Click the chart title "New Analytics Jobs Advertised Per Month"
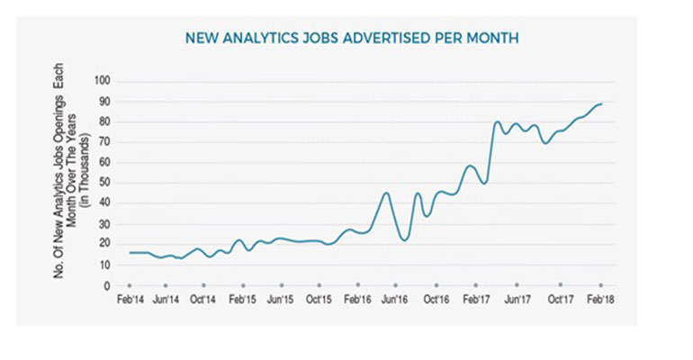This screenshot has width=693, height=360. click(x=351, y=39)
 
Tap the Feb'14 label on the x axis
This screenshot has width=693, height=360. click(x=130, y=298)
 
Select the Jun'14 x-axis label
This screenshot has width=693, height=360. click(x=166, y=298)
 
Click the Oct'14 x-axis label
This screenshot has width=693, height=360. click(x=204, y=298)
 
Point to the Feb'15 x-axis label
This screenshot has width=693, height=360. click(x=243, y=298)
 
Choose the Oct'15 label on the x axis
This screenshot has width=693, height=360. click(x=319, y=298)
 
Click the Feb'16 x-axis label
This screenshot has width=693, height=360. click(x=358, y=298)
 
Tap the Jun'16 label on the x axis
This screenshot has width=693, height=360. click(x=396, y=298)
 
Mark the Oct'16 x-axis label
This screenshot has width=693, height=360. click(x=436, y=298)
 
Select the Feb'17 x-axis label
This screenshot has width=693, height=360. click(x=476, y=298)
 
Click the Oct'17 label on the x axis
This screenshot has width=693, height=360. click(x=560, y=298)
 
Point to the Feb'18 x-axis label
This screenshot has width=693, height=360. click(x=600, y=298)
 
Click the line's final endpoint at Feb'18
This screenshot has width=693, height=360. click(x=601, y=104)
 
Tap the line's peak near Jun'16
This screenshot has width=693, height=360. click(x=386, y=193)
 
